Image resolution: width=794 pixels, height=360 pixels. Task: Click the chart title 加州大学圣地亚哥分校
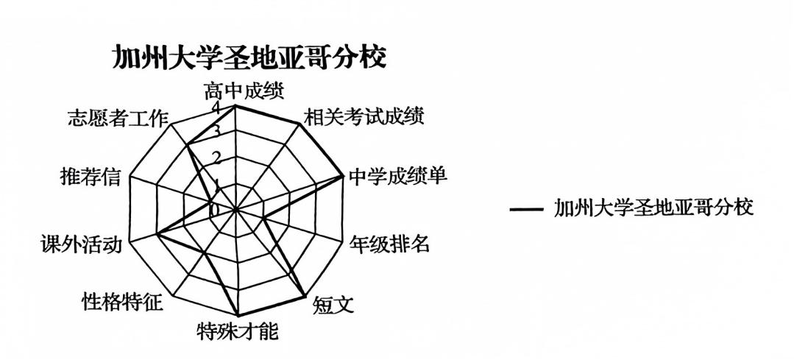click(249, 57)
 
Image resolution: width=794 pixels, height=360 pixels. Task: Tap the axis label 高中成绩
click(244, 91)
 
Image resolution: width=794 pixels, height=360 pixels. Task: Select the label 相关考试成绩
click(363, 117)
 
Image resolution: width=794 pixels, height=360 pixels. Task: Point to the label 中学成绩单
click(398, 176)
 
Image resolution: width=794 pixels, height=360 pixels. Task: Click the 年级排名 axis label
click(389, 244)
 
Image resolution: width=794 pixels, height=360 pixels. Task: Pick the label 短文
click(333, 304)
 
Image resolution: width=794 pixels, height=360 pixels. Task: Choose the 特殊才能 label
click(238, 331)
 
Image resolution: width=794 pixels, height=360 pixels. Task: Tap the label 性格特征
click(123, 302)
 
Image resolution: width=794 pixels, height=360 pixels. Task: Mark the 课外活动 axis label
click(82, 244)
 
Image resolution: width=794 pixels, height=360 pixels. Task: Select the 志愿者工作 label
click(118, 119)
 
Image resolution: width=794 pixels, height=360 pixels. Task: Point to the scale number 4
click(216, 107)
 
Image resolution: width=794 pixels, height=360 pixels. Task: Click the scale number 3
click(216, 132)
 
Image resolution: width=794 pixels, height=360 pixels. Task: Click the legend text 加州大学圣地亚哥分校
click(654, 208)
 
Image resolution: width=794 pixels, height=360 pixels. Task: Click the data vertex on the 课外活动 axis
click(157, 235)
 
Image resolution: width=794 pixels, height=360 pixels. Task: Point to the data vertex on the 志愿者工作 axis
click(188, 144)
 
